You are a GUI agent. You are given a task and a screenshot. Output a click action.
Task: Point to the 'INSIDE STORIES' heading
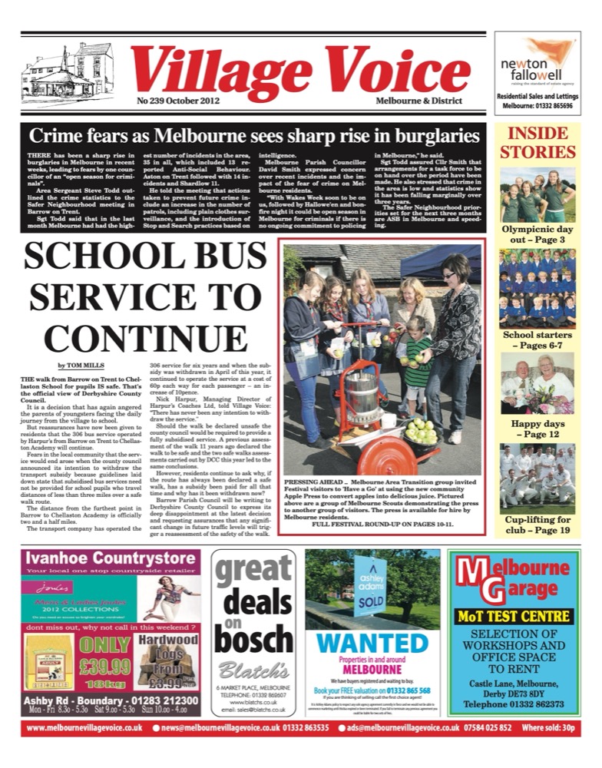coord(537,143)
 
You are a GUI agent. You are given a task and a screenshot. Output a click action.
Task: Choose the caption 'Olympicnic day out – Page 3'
coord(537,234)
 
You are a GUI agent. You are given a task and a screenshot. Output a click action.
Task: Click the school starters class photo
coord(537,288)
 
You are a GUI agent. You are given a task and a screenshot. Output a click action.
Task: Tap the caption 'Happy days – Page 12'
coord(537,429)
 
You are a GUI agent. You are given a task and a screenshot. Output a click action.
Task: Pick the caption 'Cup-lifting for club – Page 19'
coord(537,525)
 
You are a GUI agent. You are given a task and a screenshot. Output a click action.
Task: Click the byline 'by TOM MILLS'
coord(82,366)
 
